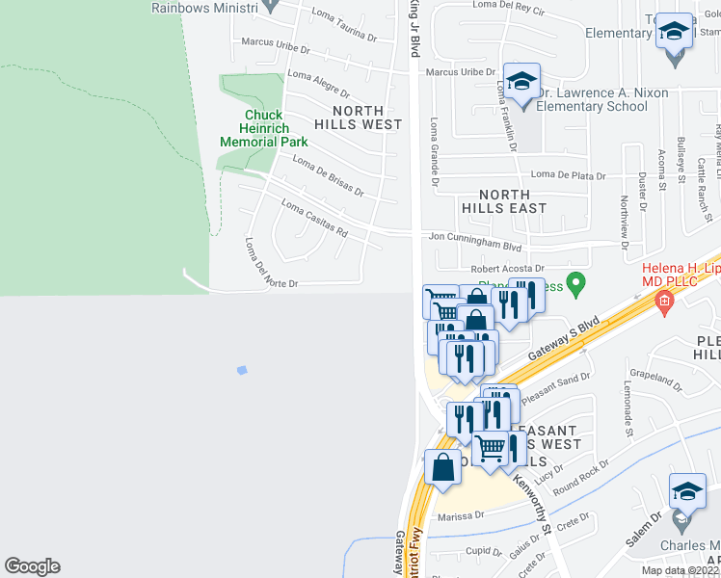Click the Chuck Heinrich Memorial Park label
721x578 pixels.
click(263, 128)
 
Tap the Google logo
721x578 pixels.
click(32, 566)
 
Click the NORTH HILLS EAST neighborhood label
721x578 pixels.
click(503, 200)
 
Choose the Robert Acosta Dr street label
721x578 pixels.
click(507, 269)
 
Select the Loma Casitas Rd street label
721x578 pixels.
click(314, 218)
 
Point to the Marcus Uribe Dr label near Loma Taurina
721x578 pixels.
click(272, 42)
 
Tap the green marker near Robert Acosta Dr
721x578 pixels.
click(576, 284)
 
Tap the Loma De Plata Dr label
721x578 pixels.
click(568, 175)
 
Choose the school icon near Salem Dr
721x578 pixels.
click(687, 495)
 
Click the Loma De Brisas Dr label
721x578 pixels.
click(328, 176)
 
